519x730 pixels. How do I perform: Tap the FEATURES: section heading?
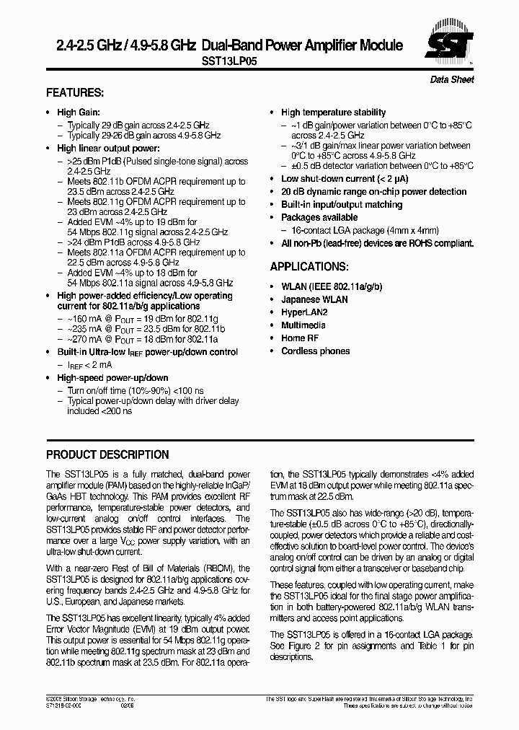pyautogui.click(x=75, y=93)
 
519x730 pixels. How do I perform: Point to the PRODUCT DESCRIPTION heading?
pyautogui.click(x=107, y=455)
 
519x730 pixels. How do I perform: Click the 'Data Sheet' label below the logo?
pyautogui.click(x=452, y=79)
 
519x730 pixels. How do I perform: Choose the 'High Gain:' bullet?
pyautogui.click(x=79, y=113)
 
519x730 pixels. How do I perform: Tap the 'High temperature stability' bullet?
pyautogui.click(x=333, y=113)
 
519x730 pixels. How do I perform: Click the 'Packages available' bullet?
pyautogui.click(x=319, y=218)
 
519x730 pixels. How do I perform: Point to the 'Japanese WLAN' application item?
pyautogui.click(x=314, y=299)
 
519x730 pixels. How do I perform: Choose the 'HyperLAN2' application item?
pyautogui.click(x=304, y=312)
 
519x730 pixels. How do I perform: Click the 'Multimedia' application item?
pyautogui.click(x=303, y=325)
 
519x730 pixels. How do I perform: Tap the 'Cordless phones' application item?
pyautogui.click(x=315, y=351)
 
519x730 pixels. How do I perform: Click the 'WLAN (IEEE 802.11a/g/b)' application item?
pyautogui.click(x=332, y=286)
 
